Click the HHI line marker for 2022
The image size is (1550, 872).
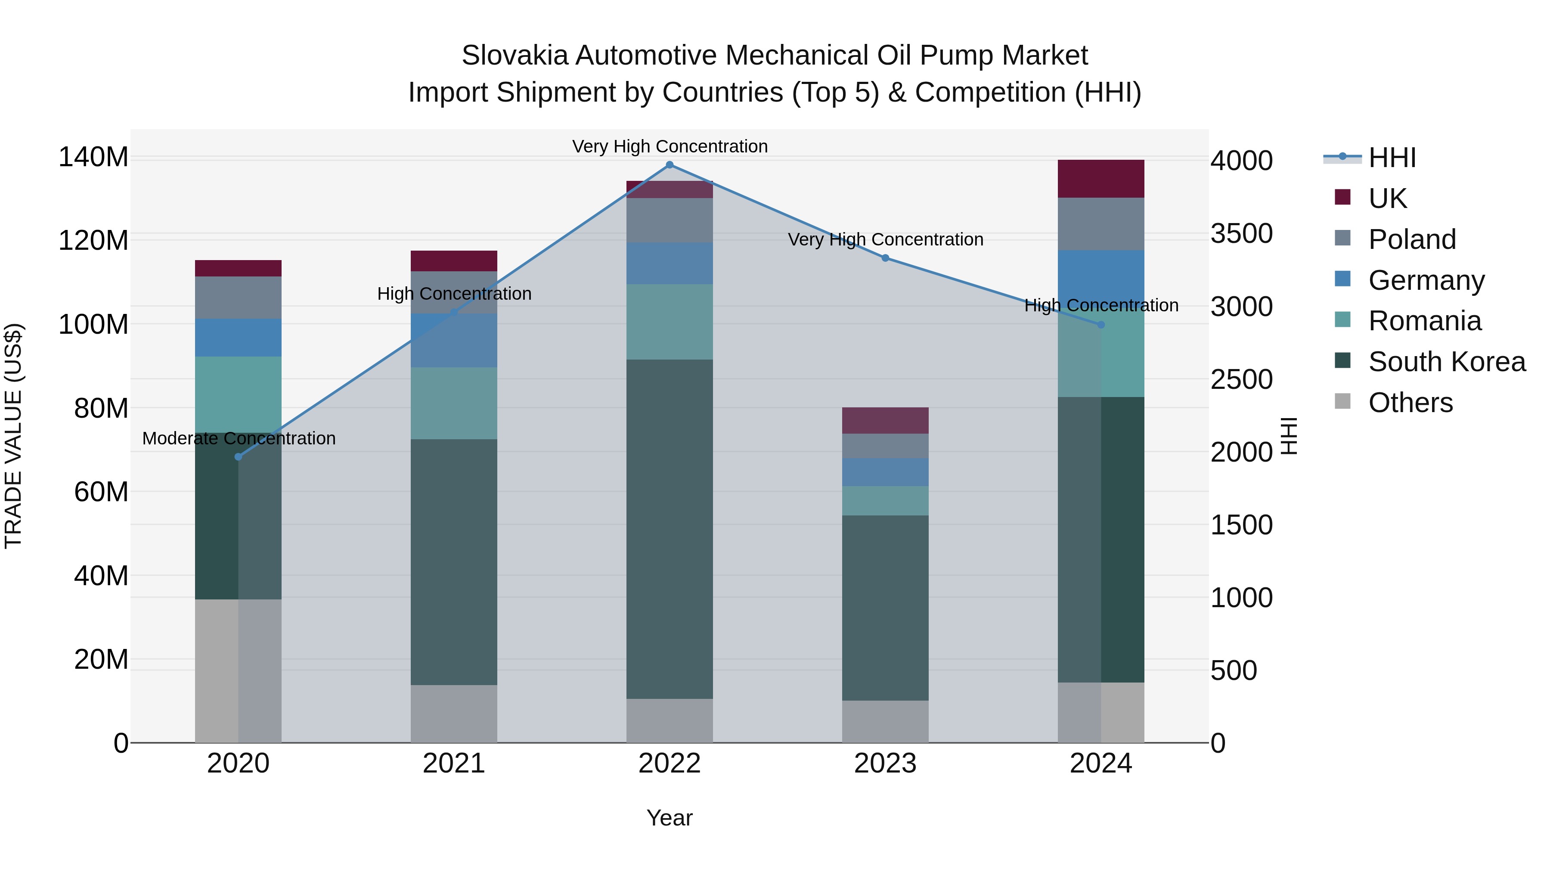tap(670, 165)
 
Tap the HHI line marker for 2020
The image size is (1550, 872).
tap(238, 457)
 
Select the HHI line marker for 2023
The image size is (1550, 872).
tap(885, 258)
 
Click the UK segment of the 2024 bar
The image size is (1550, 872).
tap(1101, 179)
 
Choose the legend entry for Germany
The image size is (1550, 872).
tap(1426, 280)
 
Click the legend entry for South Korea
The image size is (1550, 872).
tap(1447, 362)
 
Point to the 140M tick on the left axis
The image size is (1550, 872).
tap(93, 158)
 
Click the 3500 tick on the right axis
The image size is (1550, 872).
tap(1241, 234)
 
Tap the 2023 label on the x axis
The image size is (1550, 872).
tap(885, 763)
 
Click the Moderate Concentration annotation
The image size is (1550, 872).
tap(239, 439)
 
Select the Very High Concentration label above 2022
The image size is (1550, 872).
tap(670, 147)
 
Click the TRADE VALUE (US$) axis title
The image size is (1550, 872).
tap(14, 436)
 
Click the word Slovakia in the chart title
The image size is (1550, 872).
tap(515, 56)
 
